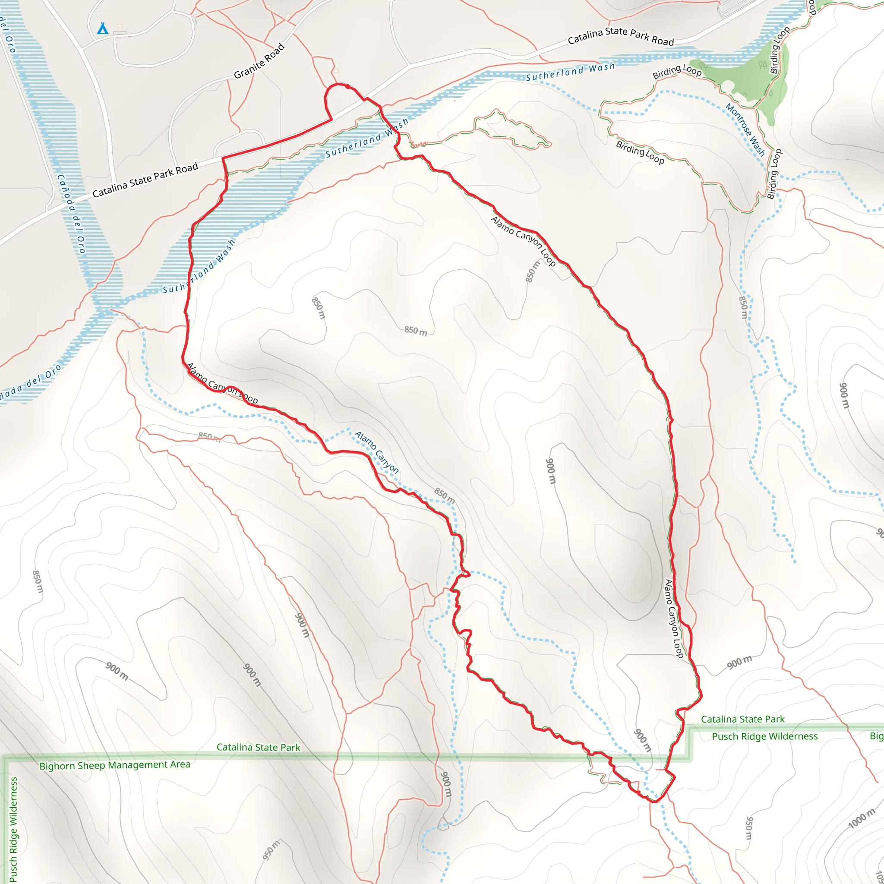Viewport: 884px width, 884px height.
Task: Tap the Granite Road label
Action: pyautogui.click(x=259, y=61)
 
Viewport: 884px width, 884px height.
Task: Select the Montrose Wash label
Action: pyautogui.click(x=745, y=130)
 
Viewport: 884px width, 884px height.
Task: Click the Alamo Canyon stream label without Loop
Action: pyautogui.click(x=376, y=452)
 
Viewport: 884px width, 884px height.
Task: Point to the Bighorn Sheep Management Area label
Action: pyautogui.click(x=114, y=764)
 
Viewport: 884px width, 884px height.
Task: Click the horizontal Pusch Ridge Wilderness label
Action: pyautogui.click(x=764, y=736)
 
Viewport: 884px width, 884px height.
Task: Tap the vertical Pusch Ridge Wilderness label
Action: pyautogui.click(x=14, y=829)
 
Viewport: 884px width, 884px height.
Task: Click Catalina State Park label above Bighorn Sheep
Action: pyautogui.click(x=258, y=747)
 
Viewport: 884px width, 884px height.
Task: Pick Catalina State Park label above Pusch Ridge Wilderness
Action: pyautogui.click(x=742, y=719)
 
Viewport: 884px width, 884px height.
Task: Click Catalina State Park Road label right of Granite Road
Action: pyautogui.click(x=620, y=37)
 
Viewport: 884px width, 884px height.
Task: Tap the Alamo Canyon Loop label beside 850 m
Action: pyautogui.click(x=523, y=241)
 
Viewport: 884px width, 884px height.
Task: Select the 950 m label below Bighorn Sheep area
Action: pyautogui.click(x=272, y=849)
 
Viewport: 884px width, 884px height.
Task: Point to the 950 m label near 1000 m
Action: pyautogui.click(x=748, y=828)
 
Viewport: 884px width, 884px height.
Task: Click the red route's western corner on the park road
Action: pyautogui.click(x=223, y=158)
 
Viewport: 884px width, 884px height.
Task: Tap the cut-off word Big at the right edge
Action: pyautogui.click(x=876, y=736)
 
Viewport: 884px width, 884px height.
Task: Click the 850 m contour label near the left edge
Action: pyautogui.click(x=38, y=581)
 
